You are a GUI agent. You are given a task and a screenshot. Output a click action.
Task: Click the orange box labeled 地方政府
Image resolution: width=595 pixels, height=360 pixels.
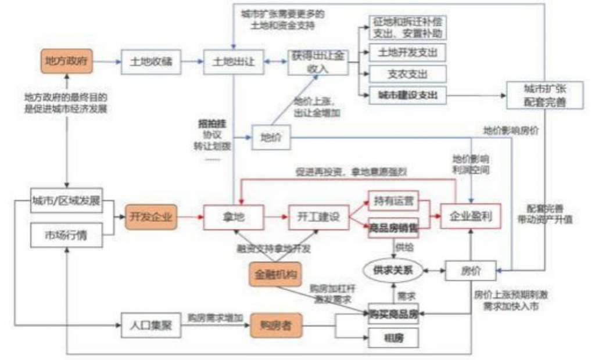67,61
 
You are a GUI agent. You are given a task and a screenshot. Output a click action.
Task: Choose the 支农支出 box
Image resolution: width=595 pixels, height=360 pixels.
408,74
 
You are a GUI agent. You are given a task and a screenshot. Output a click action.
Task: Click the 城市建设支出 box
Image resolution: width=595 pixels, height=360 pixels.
408,94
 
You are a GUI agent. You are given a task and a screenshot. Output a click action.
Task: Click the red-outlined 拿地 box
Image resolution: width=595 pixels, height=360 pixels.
234,217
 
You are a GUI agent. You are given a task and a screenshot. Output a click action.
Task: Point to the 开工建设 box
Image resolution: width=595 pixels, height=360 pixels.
318,217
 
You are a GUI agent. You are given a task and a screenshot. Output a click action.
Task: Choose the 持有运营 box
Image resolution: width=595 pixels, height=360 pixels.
394,201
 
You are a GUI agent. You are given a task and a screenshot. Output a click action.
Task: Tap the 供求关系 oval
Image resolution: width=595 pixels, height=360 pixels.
394,271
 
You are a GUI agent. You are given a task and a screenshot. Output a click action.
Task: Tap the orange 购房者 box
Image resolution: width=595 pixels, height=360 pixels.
277,325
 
